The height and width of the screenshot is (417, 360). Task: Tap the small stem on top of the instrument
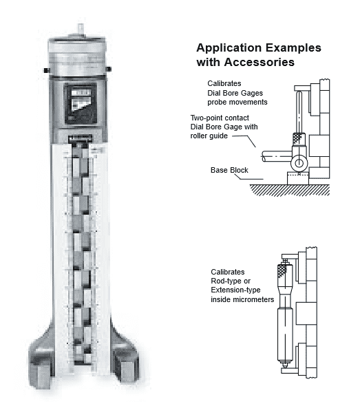tap(77, 28)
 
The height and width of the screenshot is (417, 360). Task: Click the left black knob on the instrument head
tap(45, 70)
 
